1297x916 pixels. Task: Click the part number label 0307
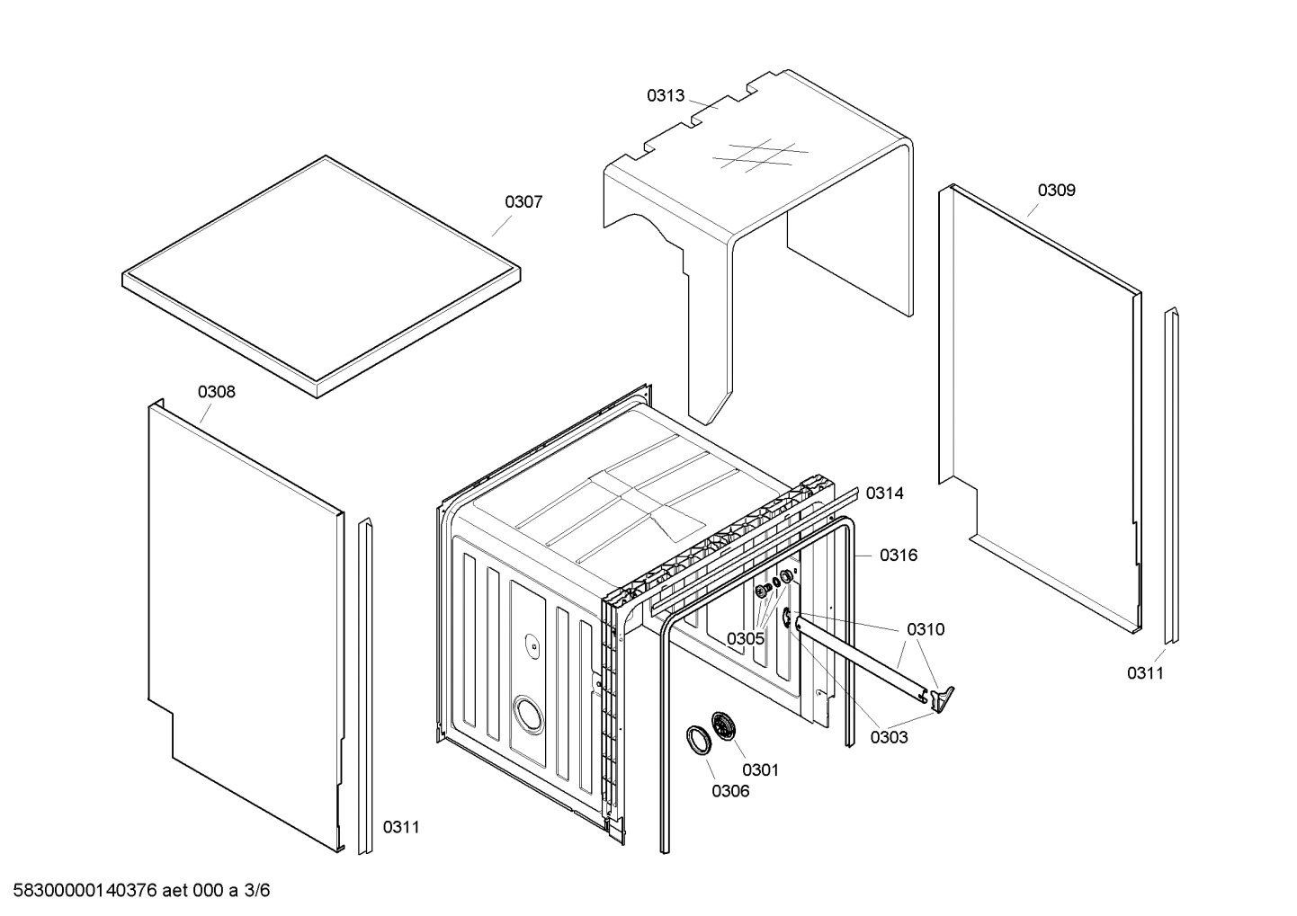[523, 202]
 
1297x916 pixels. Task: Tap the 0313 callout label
[666, 95]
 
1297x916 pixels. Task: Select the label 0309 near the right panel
[1056, 191]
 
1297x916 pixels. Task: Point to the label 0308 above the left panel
[217, 392]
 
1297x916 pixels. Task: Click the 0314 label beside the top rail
[885, 494]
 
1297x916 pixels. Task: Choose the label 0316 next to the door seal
[899, 556]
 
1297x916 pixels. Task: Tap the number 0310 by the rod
[926, 629]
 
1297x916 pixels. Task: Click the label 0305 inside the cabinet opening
[746, 638]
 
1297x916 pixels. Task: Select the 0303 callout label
[889, 738]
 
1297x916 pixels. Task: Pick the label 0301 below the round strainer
[760, 769]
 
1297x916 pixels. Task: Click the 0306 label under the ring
[730, 791]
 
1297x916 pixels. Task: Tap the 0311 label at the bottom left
[401, 827]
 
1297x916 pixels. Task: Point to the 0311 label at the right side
[1146, 673]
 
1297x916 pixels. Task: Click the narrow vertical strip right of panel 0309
[1170, 476]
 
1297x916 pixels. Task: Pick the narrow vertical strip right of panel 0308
[365, 687]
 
